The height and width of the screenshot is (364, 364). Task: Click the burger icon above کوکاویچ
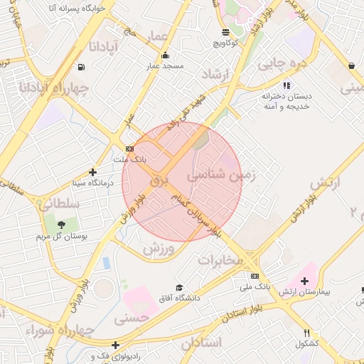(x=225, y=32)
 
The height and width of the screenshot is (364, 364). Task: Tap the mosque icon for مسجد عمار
(x=166, y=55)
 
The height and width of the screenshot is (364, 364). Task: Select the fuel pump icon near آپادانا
(x=82, y=68)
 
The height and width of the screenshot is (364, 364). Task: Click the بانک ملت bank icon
(x=129, y=149)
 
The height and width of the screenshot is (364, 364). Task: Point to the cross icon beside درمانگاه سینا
(x=92, y=172)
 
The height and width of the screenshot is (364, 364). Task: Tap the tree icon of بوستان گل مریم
(x=63, y=225)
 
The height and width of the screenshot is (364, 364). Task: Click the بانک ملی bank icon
(x=255, y=276)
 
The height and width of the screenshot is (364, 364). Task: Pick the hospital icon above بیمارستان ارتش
(x=305, y=282)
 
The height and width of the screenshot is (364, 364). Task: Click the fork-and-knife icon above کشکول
(x=307, y=333)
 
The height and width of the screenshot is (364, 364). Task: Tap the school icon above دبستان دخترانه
(x=287, y=85)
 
